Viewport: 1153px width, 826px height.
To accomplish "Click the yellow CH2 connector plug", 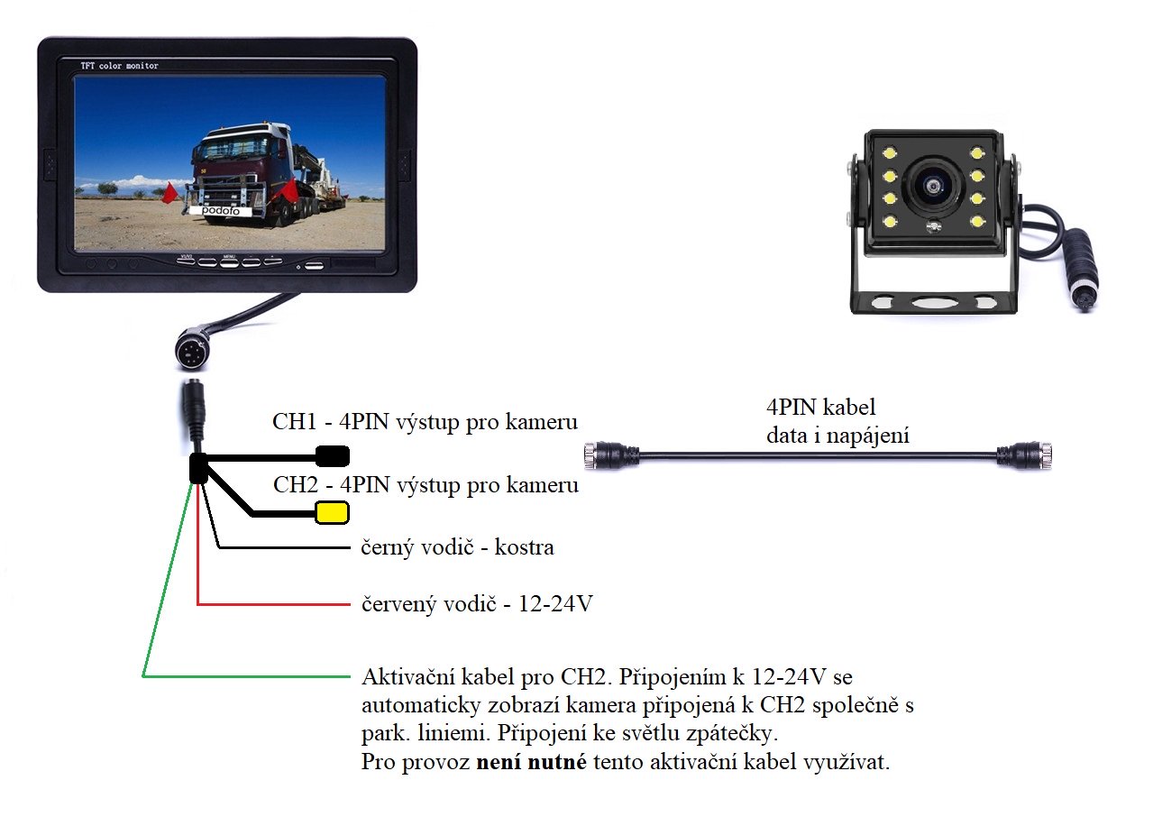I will pyautogui.click(x=331, y=513).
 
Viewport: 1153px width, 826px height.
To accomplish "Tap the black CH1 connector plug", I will pyautogui.click(x=332, y=454).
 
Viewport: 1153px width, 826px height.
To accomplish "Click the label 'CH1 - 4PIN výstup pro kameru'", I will pyautogui.click(x=425, y=422).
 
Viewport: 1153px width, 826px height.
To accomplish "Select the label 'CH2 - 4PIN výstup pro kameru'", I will pyautogui.click(x=425, y=485).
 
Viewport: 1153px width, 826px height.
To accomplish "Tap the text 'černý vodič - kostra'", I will pyautogui.click(x=457, y=547).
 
